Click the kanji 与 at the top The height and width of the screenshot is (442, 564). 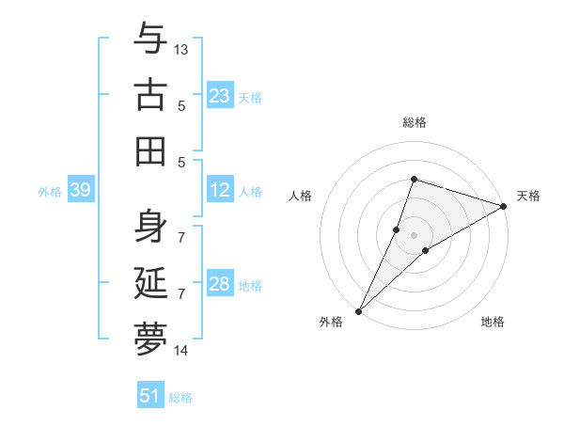pyautogui.click(x=150, y=39)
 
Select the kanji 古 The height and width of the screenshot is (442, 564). pyautogui.click(x=150, y=95)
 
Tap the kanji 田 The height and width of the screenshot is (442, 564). pyautogui.click(x=150, y=150)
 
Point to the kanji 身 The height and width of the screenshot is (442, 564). pyautogui.click(x=150, y=227)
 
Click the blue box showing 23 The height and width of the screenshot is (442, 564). pyautogui.click(x=220, y=95)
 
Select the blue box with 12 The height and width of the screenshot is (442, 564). pyautogui.click(x=220, y=191)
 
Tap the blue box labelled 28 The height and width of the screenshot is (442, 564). pyautogui.click(x=220, y=285)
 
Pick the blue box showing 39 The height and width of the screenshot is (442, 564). pyautogui.click(x=80, y=191)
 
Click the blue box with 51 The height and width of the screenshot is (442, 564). pyautogui.click(x=150, y=396)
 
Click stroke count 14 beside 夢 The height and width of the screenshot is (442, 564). pyautogui.click(x=181, y=351)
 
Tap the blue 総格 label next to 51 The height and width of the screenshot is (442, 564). pyautogui.click(x=180, y=398)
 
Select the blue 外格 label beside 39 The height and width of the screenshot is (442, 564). pyautogui.click(x=50, y=192)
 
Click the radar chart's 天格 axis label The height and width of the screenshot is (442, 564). pyautogui.click(x=528, y=196)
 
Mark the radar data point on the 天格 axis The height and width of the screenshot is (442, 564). pyautogui.click(x=503, y=207)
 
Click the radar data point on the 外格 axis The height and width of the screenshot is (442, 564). pyautogui.click(x=358, y=310)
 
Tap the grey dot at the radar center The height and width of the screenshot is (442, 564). pyautogui.click(x=414, y=235)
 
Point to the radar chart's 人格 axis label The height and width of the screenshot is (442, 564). pyautogui.click(x=301, y=196)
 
